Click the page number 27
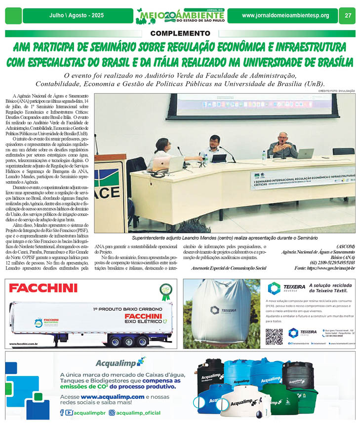348,16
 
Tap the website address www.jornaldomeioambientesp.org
285,16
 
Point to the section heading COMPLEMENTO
180,33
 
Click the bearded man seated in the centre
214,148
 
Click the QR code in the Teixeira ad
274,336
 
